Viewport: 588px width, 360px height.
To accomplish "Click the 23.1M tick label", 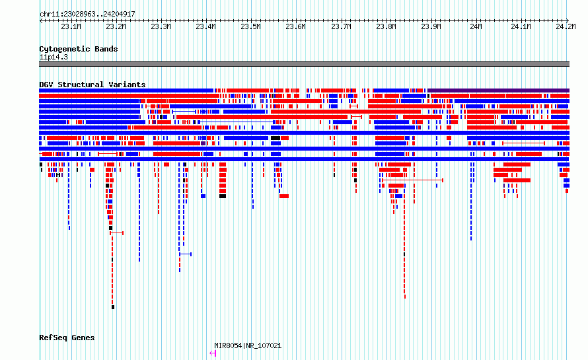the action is click(71, 26).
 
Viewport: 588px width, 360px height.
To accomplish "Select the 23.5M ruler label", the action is click(250, 26).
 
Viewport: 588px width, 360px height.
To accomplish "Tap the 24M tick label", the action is click(476, 26).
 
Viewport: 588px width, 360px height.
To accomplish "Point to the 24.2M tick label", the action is click(566, 26).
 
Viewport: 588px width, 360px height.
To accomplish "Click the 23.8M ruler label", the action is click(386, 26).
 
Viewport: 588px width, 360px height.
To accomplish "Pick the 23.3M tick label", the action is click(161, 26).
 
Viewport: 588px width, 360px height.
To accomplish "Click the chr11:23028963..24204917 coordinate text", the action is click(87, 14).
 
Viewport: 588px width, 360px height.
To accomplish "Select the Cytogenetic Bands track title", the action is click(79, 49).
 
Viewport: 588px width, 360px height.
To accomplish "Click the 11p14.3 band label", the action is click(54, 57).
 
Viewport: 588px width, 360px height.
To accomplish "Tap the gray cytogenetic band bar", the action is click(304, 64).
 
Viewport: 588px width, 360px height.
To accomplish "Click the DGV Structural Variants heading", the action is click(92, 85).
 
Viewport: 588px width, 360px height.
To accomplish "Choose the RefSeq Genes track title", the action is click(67, 338).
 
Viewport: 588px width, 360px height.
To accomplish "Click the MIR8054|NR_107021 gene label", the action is click(248, 345).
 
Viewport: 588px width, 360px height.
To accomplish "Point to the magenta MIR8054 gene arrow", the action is click(213, 353).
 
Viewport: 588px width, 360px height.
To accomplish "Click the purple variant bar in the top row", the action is click(498, 90).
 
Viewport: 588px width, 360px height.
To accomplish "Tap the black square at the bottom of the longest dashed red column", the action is click(113, 307).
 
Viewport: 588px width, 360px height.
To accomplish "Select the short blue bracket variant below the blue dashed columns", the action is click(185, 254).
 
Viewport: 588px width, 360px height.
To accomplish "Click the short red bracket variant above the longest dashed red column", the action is click(117, 233).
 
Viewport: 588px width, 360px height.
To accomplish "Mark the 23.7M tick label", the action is click(341, 26).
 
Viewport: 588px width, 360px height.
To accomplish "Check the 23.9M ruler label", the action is click(431, 26).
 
